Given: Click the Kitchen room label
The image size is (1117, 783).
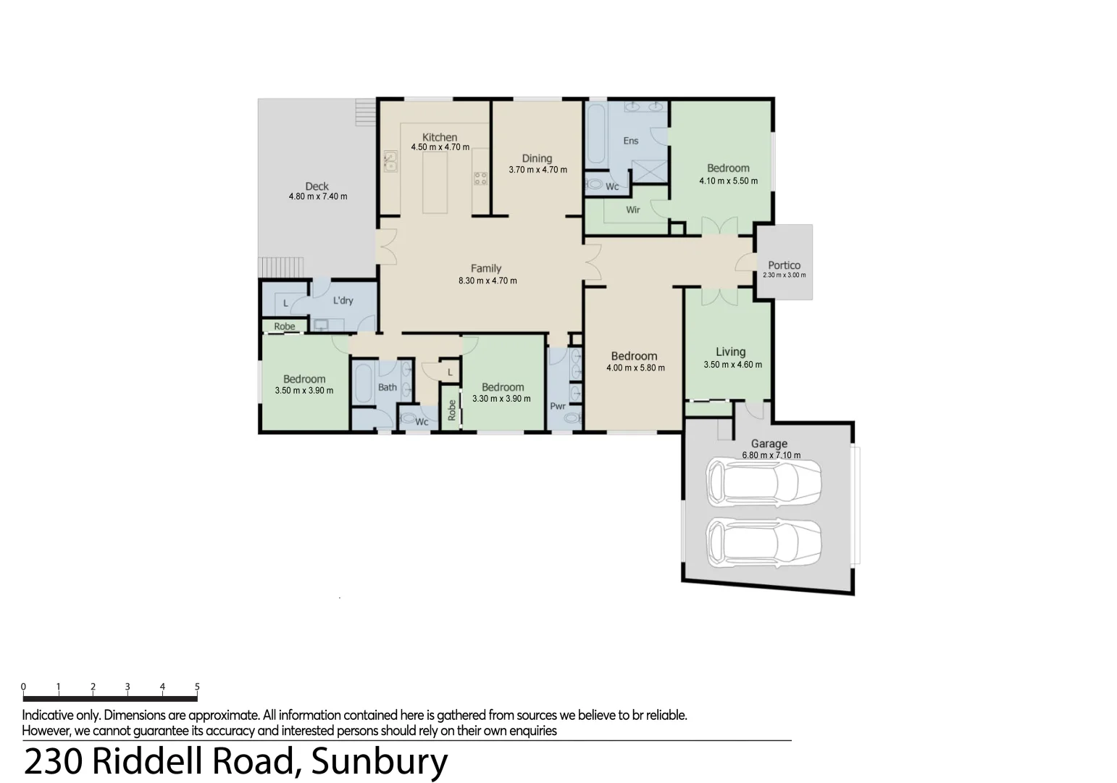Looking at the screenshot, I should [440, 137].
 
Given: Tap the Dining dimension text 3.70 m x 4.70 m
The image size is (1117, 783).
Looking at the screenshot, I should [537, 170].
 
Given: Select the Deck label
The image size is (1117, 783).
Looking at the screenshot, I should [317, 186].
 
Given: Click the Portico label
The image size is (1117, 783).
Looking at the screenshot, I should [784, 265].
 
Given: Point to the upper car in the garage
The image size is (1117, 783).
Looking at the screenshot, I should [764, 481].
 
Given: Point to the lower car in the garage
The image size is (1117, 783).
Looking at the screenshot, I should [764, 544].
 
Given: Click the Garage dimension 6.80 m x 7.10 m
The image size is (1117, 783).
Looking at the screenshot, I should [771, 455].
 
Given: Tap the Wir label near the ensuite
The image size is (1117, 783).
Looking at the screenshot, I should [633, 210].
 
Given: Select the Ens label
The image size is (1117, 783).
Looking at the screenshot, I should [631, 141].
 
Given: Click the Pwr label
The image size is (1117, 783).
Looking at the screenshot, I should [557, 406].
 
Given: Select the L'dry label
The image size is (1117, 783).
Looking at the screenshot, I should [343, 300].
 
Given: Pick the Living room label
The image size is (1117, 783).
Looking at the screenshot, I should [730, 352].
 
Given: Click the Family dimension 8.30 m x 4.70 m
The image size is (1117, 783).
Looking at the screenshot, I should [488, 281].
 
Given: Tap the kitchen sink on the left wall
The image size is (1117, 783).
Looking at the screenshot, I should [390, 160].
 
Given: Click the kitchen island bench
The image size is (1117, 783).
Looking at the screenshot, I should [435, 181].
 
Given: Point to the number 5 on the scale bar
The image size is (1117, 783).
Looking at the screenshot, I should [197, 687].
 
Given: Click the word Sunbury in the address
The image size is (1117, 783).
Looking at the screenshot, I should [379, 761].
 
